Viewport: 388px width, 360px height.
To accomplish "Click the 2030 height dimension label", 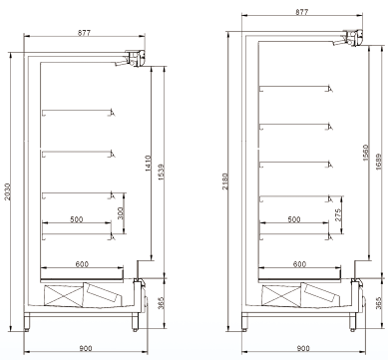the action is click(8, 191).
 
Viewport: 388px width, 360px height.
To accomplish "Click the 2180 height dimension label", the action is click(225, 181).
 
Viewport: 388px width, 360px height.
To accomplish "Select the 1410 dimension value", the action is click(148, 164).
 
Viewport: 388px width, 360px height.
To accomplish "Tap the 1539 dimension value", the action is click(162, 172).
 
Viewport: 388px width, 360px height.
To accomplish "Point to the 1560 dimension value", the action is click(366, 153).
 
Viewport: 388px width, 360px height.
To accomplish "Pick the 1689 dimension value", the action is click(379, 162).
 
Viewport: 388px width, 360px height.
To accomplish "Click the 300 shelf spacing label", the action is click(121, 213).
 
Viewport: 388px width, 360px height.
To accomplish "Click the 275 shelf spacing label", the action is click(338, 215).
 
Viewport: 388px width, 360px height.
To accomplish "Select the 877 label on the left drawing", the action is click(84, 33).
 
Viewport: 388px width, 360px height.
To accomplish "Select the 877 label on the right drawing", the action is click(302, 12).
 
